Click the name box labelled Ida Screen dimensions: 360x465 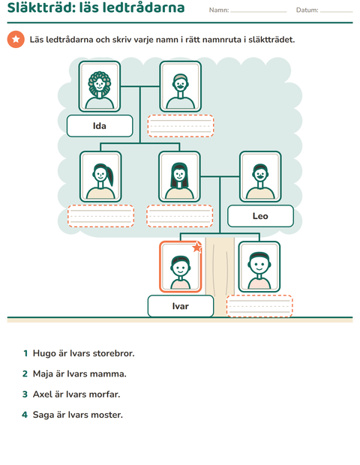point(100,126)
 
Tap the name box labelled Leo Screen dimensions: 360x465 point(260,216)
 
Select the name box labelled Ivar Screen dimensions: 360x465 point(181,306)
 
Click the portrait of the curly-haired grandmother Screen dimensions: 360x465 point(100,86)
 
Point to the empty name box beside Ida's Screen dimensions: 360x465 point(181,126)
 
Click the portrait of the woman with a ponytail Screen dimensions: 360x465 point(100,177)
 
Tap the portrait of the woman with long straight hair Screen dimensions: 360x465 point(179,177)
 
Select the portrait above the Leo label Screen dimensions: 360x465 point(260,177)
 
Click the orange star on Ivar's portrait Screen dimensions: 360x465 point(197,247)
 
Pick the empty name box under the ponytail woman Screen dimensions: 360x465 point(100,216)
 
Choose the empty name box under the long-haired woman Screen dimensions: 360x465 point(180,216)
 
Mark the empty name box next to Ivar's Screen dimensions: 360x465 point(259,306)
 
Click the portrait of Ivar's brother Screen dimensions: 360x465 point(259,267)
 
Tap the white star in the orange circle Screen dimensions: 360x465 point(16,39)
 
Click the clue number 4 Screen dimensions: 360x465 point(25,415)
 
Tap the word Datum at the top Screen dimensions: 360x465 point(307,10)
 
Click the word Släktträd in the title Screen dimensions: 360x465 point(41,7)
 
